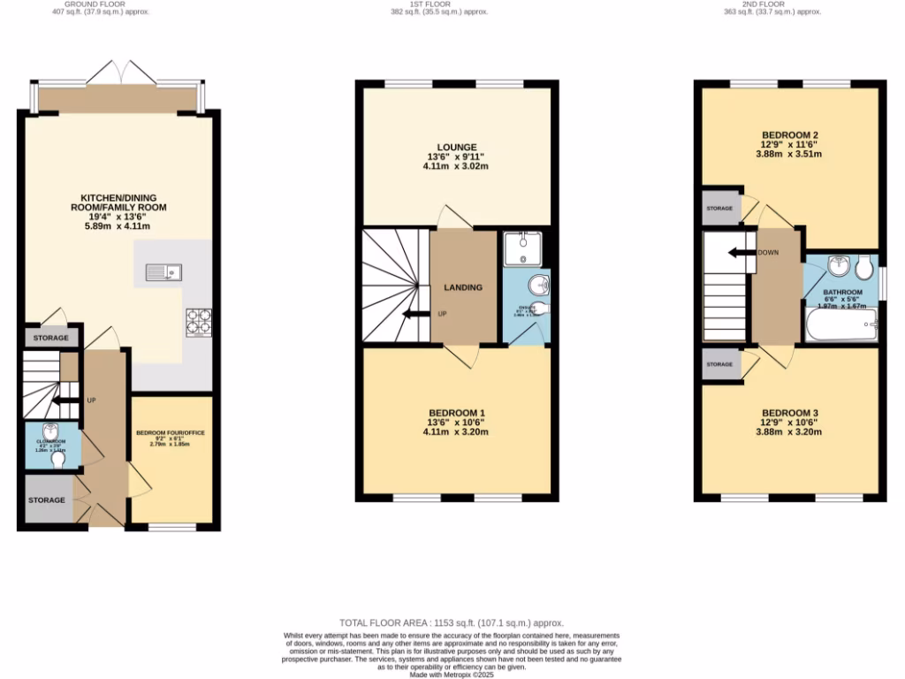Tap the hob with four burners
[198, 323]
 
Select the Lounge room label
[456, 148]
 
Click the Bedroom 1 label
[456, 414]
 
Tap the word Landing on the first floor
[463, 287]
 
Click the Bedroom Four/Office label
[170, 432]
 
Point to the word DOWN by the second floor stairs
[768, 252]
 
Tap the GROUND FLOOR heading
[118, 4]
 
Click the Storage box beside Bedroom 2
[719, 208]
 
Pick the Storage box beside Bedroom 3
[719, 364]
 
